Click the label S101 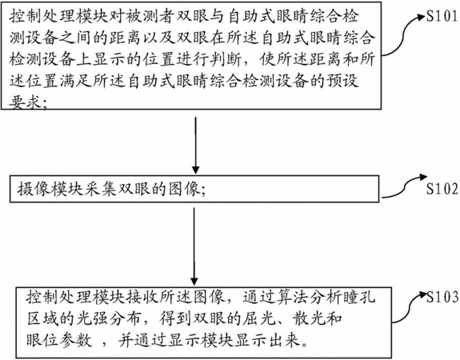click(442, 16)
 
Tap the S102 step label click(442, 189)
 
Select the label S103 click(442, 298)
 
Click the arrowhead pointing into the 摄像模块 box click(196, 170)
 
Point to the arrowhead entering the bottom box click(194, 282)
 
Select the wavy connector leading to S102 click(405, 186)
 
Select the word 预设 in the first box click(342, 82)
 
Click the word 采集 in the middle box click(101, 189)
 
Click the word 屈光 click(259, 319)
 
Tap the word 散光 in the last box click(309, 319)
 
